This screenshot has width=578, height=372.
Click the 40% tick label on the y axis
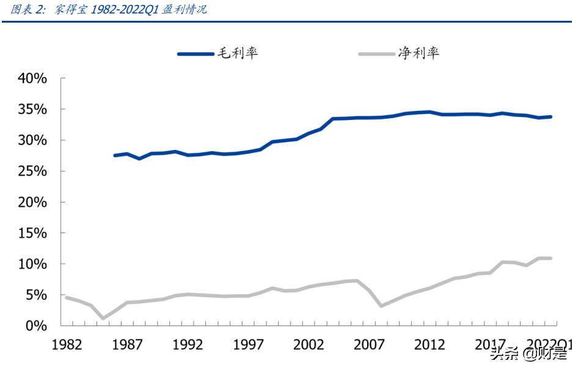coord(32,79)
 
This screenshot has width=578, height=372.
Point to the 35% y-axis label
coord(32,110)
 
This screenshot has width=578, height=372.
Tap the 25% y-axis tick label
coord(32,171)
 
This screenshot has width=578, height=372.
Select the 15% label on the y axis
coord(32,233)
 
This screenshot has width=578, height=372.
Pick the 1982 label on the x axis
coord(67,344)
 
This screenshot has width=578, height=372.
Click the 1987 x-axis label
coord(128,344)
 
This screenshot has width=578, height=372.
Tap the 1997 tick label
coord(249,344)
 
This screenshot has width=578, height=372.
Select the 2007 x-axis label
coord(370,344)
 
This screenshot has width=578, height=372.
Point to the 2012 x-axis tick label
coord(430,344)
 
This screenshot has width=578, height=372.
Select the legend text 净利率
coord(419,53)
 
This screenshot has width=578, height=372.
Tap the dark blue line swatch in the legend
coord(196,54)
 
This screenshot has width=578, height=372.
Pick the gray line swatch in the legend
coord(376,54)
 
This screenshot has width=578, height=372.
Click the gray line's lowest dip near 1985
coord(103,318)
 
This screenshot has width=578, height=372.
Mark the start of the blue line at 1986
coord(115,155)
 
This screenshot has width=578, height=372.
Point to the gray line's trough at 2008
coord(381,305)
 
